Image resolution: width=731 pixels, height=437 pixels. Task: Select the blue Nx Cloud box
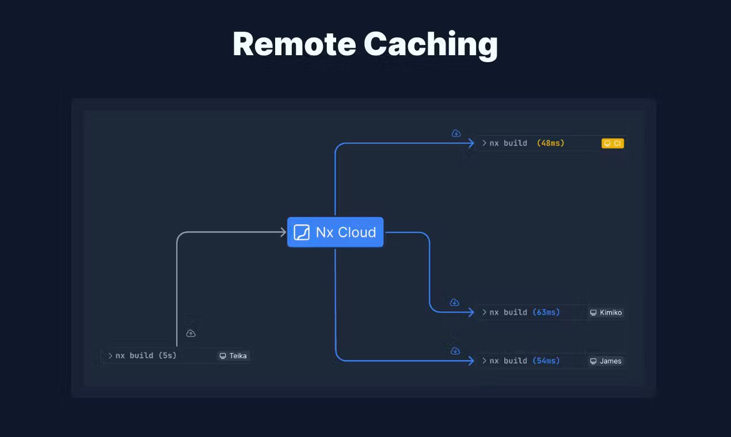point(335,232)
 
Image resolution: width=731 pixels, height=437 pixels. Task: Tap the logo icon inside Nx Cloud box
point(302,232)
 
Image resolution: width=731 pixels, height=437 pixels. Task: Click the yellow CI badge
point(612,143)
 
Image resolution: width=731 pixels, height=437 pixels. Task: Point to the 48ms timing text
point(550,143)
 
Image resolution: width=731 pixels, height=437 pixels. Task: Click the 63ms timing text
point(546,312)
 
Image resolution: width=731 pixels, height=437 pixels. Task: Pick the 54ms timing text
point(546,361)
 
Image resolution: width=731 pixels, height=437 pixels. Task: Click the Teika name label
point(238,356)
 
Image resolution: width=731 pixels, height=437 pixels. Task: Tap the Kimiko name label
point(611,313)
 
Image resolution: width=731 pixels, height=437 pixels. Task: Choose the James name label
point(610,361)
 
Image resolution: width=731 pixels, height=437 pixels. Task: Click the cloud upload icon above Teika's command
point(191,333)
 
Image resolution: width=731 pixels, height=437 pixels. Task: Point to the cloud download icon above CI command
point(456,133)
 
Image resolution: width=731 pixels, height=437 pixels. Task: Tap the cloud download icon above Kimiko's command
point(454,302)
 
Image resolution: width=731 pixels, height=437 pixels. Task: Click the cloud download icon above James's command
point(455,351)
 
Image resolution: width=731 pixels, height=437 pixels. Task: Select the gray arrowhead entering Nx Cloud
point(283,232)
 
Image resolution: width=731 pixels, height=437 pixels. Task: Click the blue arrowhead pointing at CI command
point(471,143)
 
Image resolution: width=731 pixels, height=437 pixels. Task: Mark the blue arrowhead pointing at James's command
point(471,361)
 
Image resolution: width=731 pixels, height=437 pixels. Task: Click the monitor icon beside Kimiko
point(593,313)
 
